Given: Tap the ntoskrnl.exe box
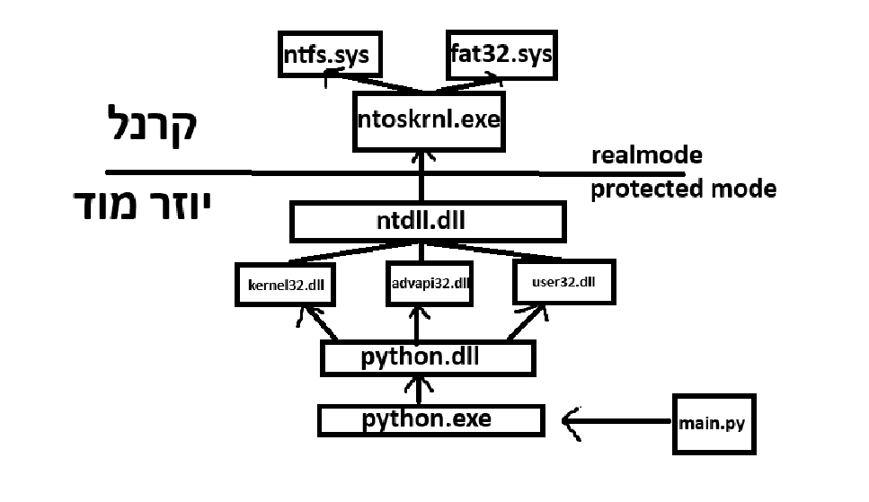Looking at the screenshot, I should pos(426,119).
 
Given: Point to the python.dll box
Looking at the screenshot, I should pos(428,357).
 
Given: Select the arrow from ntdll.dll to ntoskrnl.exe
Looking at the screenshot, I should pos(421,175).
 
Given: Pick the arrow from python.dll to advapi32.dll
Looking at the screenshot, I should pos(416,323).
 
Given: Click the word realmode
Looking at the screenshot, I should pos(646,155).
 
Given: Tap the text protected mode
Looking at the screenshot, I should pos(683,189).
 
